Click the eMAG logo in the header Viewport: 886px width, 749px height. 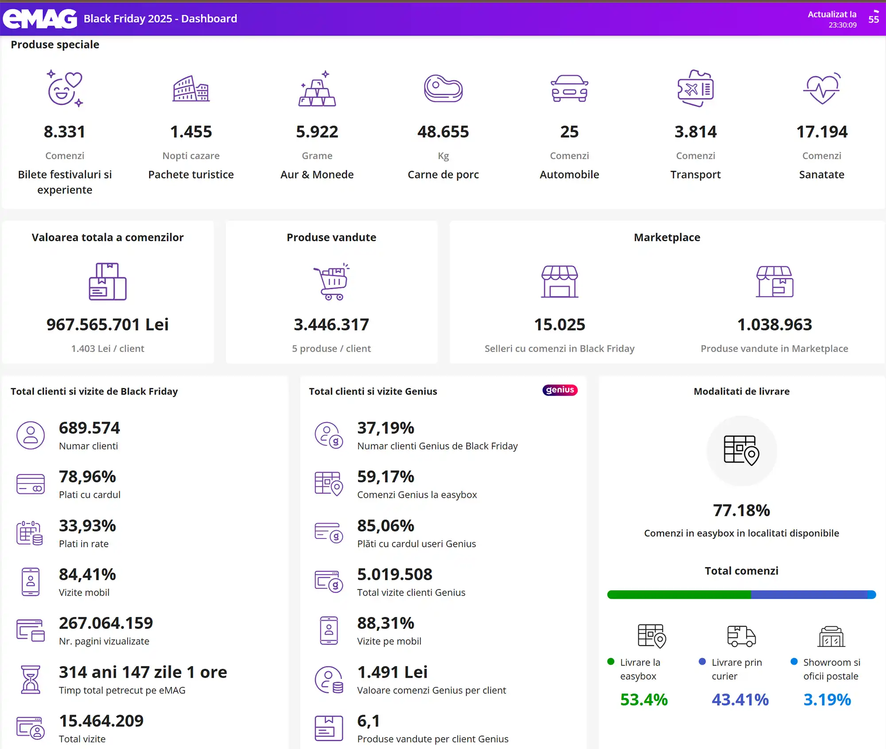40,19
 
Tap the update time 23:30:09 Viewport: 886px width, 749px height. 843,25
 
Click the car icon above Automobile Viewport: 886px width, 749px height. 569,88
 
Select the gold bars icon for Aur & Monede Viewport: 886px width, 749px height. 317,89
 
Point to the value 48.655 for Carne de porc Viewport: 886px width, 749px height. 443,132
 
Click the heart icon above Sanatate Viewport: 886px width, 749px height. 822,88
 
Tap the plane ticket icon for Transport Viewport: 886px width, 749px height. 696,88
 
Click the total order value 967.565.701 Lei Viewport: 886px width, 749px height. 108,324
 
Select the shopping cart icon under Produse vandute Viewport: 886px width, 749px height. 332,281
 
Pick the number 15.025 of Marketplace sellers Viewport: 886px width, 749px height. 560,324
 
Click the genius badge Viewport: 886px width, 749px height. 560,390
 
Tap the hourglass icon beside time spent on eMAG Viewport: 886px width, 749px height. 31,679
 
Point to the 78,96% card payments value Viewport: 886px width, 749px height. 87,477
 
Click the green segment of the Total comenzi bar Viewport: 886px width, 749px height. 679,595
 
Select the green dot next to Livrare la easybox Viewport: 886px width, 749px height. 611,662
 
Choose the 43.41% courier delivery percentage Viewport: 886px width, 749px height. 740,700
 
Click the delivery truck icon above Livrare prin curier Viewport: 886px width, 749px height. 742,636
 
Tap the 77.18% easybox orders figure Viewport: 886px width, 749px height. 742,511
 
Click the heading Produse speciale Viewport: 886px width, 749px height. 55,45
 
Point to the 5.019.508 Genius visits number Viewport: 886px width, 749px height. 395,574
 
